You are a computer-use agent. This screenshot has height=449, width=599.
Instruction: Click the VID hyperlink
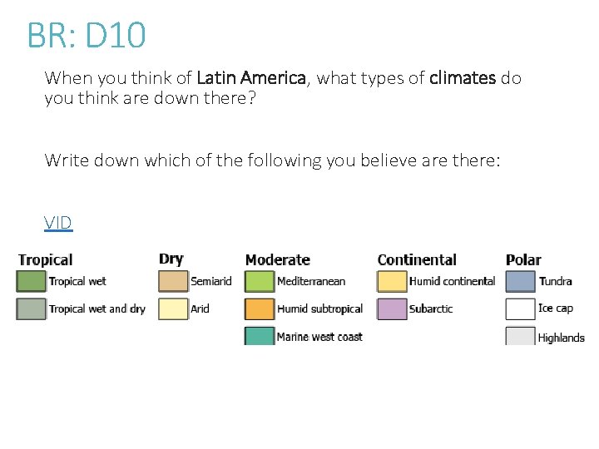(58, 223)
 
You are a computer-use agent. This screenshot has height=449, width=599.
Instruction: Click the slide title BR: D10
(87, 36)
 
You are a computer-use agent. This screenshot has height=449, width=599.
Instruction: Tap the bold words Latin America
(252, 79)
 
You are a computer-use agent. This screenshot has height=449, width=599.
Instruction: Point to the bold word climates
(463, 79)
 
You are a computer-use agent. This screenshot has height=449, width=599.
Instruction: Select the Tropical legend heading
(45, 261)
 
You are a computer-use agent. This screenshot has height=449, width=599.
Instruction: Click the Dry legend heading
(171, 259)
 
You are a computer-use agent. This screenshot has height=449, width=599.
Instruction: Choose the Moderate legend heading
(277, 260)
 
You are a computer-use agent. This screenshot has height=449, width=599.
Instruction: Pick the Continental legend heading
(417, 260)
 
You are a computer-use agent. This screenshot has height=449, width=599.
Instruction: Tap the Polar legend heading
(523, 260)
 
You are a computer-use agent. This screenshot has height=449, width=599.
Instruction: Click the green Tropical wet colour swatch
(31, 281)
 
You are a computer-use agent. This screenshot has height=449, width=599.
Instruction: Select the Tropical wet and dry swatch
(31, 308)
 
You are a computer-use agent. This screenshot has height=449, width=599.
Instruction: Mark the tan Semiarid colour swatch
(173, 281)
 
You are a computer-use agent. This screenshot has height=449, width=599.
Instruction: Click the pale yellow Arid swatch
(173, 308)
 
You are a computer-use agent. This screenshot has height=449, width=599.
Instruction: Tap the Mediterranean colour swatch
(259, 281)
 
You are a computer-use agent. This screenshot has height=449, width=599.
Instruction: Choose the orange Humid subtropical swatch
(259, 308)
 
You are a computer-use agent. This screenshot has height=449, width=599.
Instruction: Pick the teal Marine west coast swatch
(259, 336)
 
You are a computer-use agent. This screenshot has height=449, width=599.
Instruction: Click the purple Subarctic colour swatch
(392, 308)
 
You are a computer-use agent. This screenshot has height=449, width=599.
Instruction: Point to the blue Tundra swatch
(520, 281)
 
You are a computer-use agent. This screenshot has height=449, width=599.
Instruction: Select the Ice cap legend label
(555, 308)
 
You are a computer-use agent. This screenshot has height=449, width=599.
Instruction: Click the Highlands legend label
(561, 338)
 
